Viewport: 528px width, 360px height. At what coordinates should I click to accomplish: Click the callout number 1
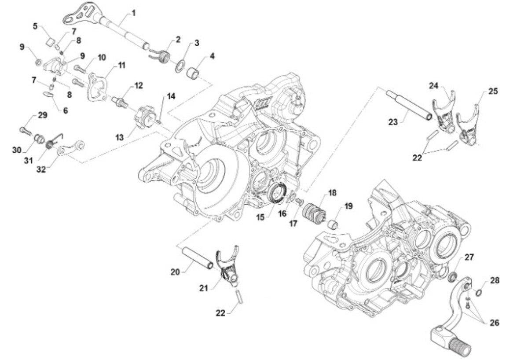pos(133,12)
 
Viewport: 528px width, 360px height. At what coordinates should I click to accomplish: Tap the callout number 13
pos(120,138)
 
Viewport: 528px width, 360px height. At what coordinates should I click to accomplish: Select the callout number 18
pos(332,193)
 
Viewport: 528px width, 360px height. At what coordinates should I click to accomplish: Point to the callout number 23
pos(393,121)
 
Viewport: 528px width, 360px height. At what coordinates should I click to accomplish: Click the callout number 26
pos(494,323)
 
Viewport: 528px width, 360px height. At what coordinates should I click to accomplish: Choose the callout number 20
pos(176,272)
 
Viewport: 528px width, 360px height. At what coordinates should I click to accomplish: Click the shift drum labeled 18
pos(314,213)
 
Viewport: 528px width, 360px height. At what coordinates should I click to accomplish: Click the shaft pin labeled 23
pos(409,105)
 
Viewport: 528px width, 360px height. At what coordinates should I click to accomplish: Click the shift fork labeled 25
pos(468,128)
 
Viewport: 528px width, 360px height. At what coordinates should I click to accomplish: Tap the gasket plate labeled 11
pos(98,87)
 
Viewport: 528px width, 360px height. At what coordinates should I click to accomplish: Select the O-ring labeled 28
pos(479,293)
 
